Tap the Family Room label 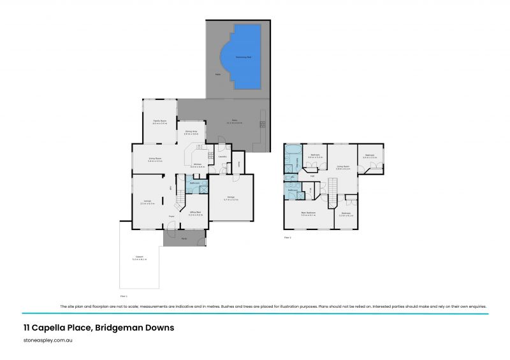[159, 121]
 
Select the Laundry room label [222, 157]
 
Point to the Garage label [231, 197]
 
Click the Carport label [139, 257]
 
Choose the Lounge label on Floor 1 [147, 201]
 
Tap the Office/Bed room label [195, 213]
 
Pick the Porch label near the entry [183, 240]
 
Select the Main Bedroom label [309, 213]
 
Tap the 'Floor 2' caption [287, 238]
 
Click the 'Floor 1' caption [124, 296]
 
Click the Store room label [239, 163]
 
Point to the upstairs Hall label [312, 176]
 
